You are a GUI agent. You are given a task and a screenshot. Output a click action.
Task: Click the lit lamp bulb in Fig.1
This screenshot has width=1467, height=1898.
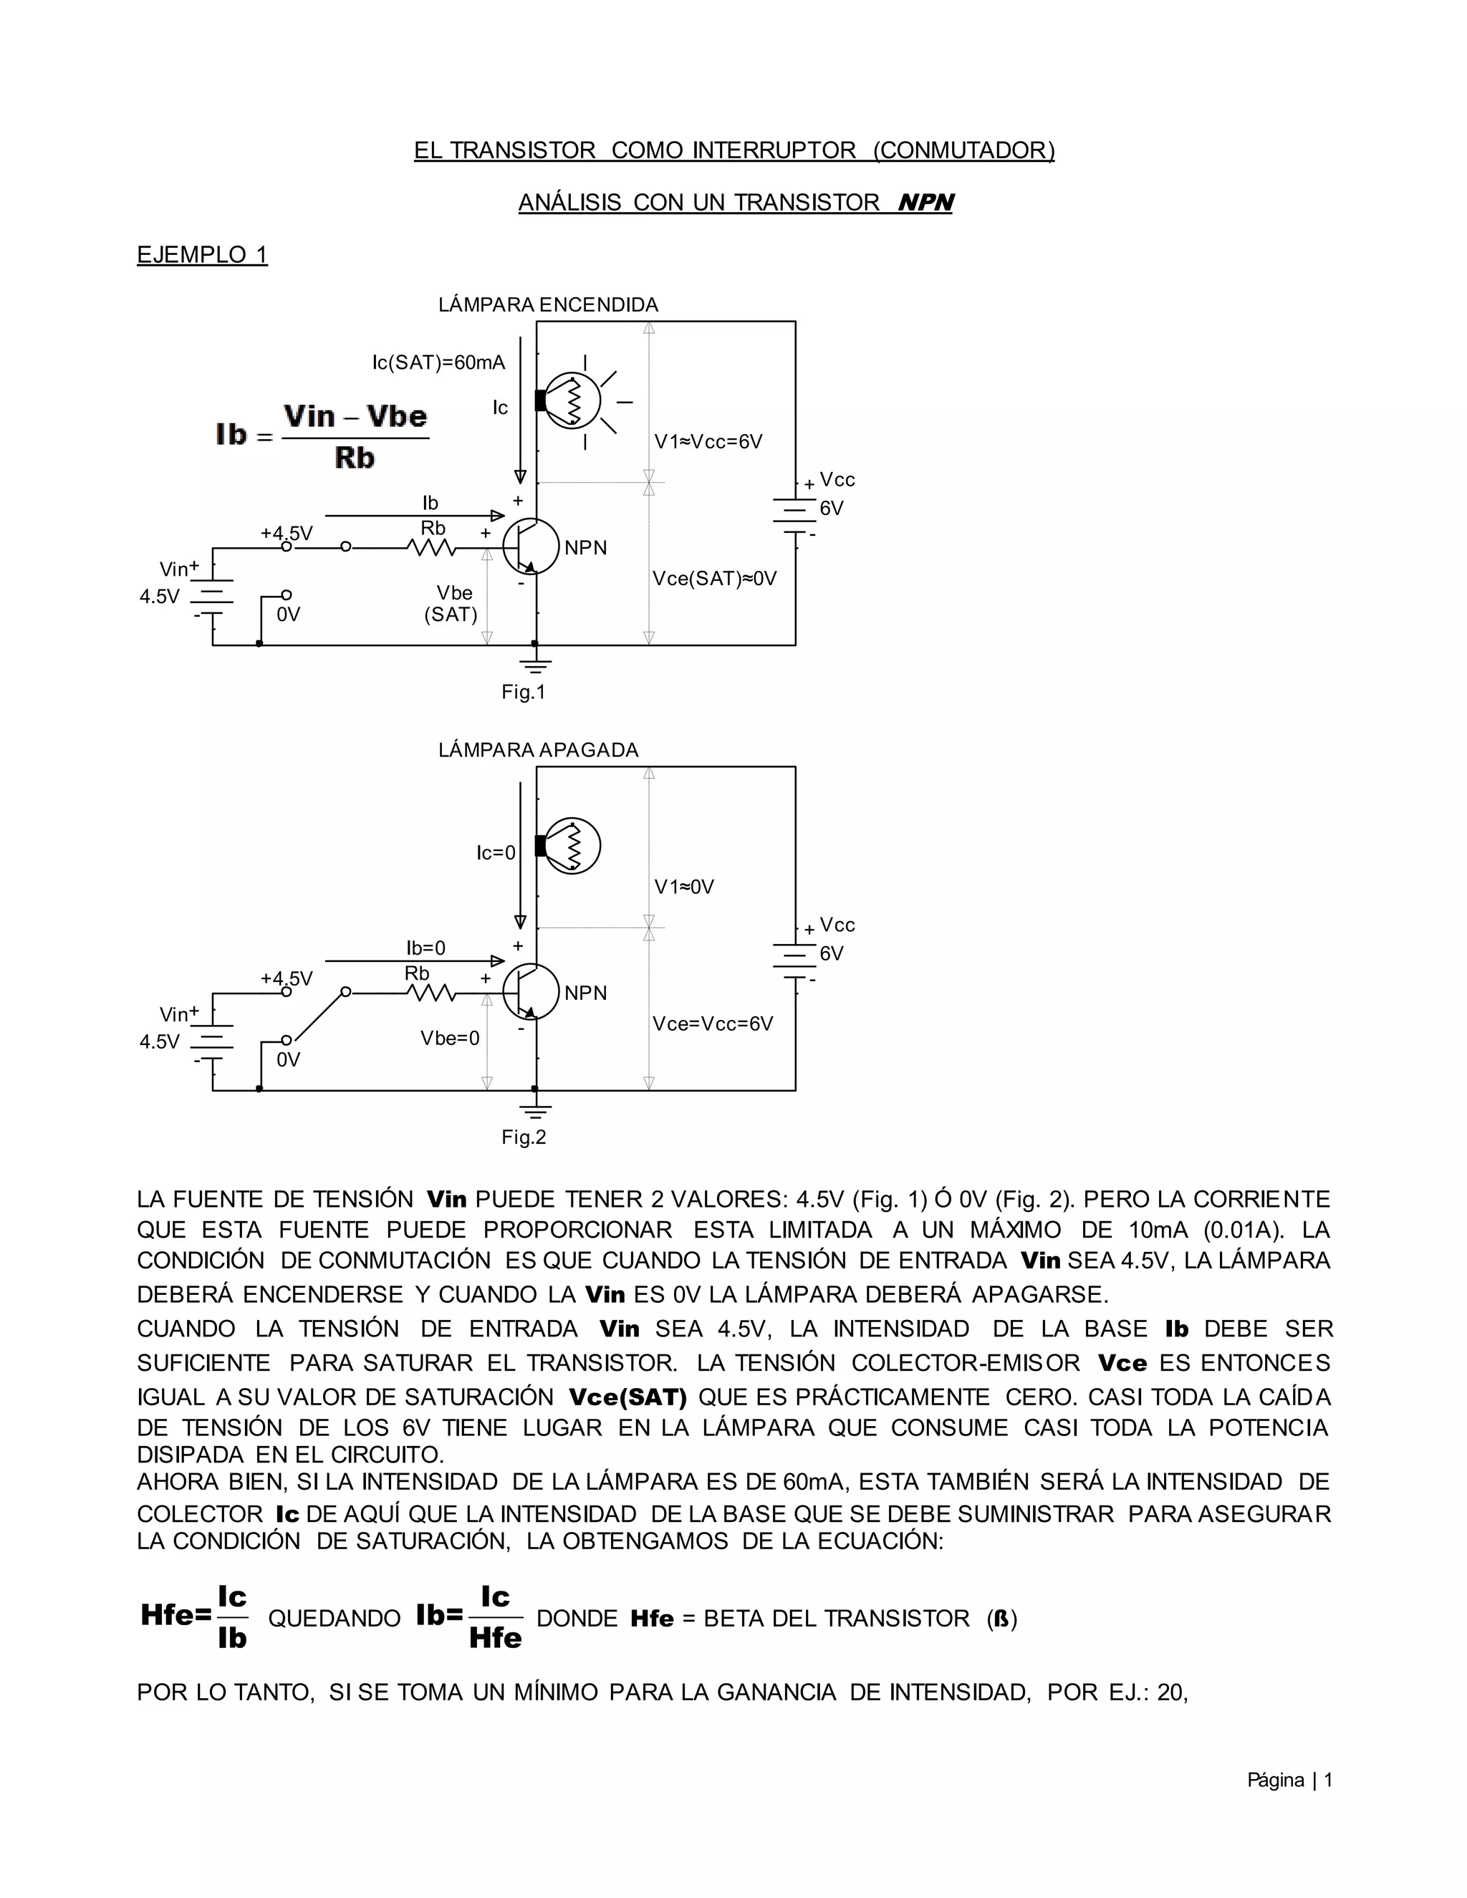click(572, 400)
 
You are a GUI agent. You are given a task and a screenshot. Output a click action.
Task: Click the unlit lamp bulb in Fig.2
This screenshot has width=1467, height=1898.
click(572, 846)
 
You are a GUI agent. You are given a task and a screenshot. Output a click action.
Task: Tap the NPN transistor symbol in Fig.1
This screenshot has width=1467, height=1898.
click(531, 546)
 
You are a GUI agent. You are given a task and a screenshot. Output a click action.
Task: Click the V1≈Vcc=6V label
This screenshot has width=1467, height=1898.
click(708, 441)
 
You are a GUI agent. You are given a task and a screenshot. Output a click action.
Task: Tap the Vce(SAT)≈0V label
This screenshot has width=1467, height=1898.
click(714, 579)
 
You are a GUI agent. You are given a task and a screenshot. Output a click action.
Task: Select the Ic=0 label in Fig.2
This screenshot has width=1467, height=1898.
click(496, 852)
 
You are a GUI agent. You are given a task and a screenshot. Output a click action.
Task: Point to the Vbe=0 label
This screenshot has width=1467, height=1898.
click(449, 1038)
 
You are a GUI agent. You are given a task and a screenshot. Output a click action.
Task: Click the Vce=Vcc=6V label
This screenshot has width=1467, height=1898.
click(713, 1023)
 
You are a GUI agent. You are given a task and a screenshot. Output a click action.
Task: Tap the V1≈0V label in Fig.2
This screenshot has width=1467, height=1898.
click(684, 887)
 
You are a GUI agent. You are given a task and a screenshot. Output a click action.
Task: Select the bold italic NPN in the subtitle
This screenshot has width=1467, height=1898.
click(925, 203)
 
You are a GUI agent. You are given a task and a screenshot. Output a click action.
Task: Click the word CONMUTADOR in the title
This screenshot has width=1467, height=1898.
click(963, 150)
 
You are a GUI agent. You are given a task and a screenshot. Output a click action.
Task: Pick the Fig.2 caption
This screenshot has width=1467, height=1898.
click(523, 1137)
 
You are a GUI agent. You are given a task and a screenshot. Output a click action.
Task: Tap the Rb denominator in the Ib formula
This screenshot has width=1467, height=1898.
click(355, 458)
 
